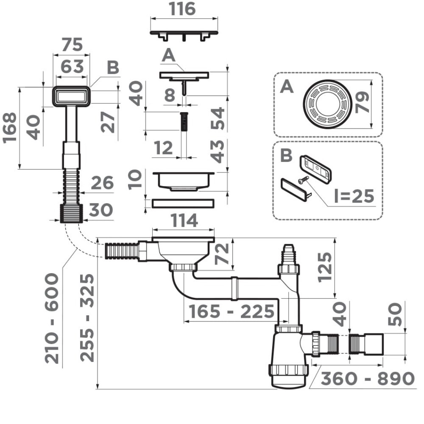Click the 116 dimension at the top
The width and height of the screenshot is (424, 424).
184,9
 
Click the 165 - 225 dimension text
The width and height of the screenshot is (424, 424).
231,312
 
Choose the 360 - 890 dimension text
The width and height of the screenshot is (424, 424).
367,378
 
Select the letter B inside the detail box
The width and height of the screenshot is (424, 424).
287,155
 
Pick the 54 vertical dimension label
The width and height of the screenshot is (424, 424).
218,119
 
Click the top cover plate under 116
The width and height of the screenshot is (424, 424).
184,33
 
